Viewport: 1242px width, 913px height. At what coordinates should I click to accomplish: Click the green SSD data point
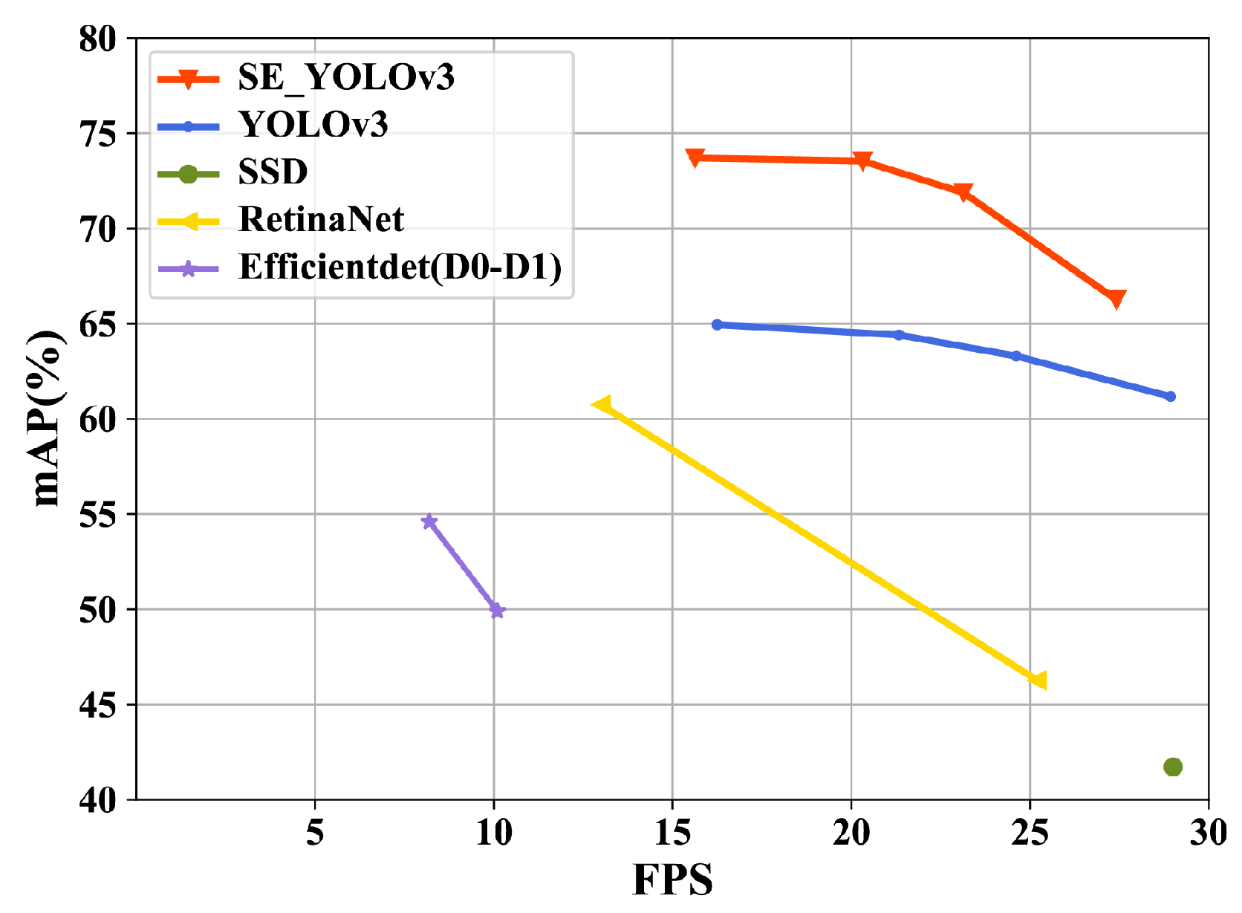pyautogui.click(x=1172, y=767)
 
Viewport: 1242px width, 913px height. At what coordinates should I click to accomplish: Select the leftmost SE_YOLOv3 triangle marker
pyautogui.click(x=695, y=157)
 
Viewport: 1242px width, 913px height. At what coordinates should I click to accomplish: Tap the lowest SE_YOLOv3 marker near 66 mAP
pyautogui.click(x=1116, y=299)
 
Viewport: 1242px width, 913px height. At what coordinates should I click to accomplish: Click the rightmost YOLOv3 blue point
pyautogui.click(x=1171, y=397)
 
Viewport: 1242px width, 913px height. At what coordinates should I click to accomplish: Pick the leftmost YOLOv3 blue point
pyautogui.click(x=717, y=325)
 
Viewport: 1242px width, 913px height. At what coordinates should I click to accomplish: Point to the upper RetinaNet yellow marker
pyautogui.click(x=602, y=404)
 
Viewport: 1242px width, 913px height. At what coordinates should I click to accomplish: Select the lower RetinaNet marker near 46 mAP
pyautogui.click(x=1038, y=680)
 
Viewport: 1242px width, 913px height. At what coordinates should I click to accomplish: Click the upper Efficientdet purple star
pyautogui.click(x=429, y=522)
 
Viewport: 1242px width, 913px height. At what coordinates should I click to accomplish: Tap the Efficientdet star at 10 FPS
pyautogui.click(x=497, y=611)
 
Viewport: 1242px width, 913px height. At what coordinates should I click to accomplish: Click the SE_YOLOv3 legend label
pyautogui.click(x=346, y=77)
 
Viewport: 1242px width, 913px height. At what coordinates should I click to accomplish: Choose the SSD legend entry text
pyautogui.click(x=273, y=172)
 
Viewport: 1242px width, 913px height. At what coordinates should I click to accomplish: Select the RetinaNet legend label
pyautogui.click(x=321, y=219)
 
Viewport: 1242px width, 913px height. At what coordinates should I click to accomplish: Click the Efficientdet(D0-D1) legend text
pyautogui.click(x=400, y=267)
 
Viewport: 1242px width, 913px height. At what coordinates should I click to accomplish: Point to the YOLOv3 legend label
pyautogui.click(x=313, y=124)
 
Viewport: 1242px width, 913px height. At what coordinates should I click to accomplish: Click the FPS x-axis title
pyautogui.click(x=672, y=880)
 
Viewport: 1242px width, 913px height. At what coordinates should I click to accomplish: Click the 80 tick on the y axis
pyautogui.click(x=98, y=39)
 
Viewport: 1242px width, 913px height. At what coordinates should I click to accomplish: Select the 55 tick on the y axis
pyautogui.click(x=98, y=515)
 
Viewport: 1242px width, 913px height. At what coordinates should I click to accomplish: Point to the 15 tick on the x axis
pyautogui.click(x=672, y=833)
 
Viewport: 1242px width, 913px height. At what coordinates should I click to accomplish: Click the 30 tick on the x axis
pyautogui.click(x=1208, y=833)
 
